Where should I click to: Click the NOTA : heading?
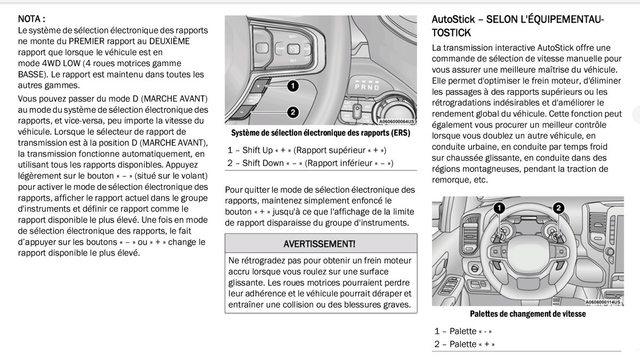pyautogui.click(x=31, y=19)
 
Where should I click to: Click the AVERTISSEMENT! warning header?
pyautogui.click(x=319, y=244)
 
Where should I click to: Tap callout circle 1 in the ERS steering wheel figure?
pyautogui.click(x=292, y=86)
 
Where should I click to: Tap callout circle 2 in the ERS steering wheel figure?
pyautogui.click(x=292, y=112)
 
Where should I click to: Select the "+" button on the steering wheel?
pyautogui.click(x=259, y=86)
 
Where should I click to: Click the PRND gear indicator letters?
pyautogui.click(x=367, y=87)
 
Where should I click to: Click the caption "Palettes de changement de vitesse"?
pyautogui.click(x=527, y=314)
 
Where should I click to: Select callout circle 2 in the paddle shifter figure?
pyautogui.click(x=559, y=208)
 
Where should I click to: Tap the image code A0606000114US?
pyautogui.click(x=603, y=302)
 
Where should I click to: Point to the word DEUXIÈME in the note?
pyautogui.click(x=169, y=41)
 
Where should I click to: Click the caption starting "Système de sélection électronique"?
pyautogui.click(x=320, y=133)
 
